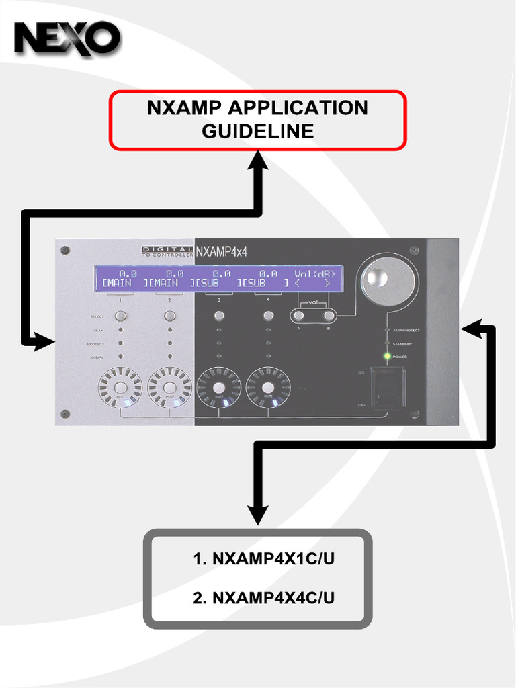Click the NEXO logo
pyautogui.click(x=67, y=38)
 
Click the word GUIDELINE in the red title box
pyautogui.click(x=258, y=131)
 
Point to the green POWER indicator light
pyautogui.click(x=386, y=356)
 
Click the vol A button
pyautogui.click(x=299, y=315)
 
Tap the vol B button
pyautogui.click(x=329, y=315)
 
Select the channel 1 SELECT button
pyautogui.click(x=120, y=316)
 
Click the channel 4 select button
pyautogui.click(x=268, y=316)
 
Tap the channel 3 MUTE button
pyautogui.click(x=218, y=388)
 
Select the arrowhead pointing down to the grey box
pyautogui.click(x=258, y=518)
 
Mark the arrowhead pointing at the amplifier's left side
pyautogui.click(x=44, y=342)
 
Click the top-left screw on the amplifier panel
pyautogui.click(x=65, y=250)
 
